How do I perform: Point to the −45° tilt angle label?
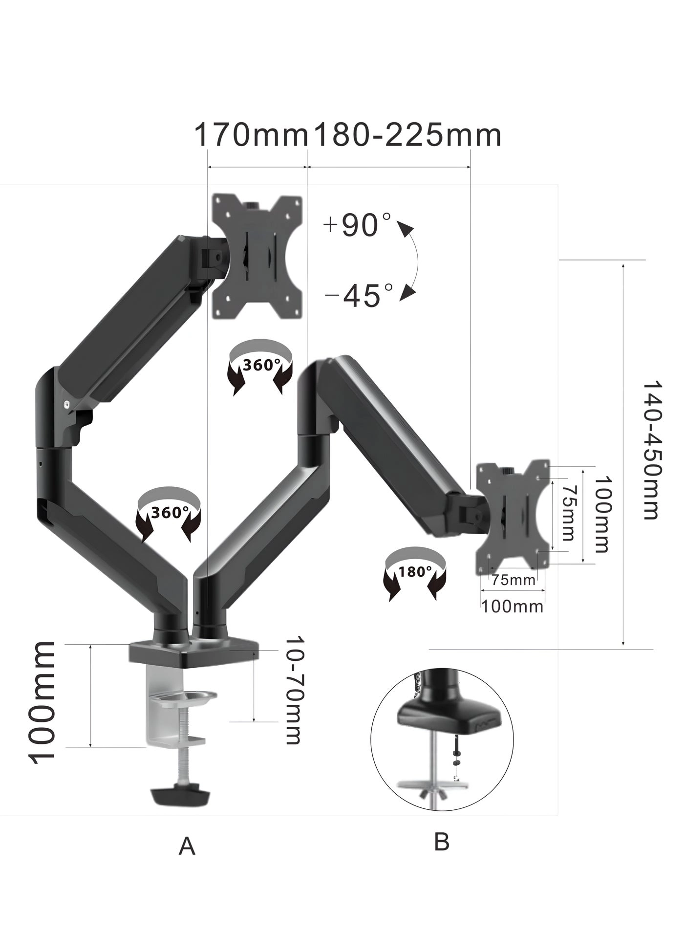click(x=359, y=295)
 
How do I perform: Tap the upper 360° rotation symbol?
click(x=261, y=366)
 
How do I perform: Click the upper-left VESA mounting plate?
click(x=257, y=257)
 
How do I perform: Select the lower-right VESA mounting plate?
click(x=513, y=517)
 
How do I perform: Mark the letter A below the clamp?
click(x=187, y=846)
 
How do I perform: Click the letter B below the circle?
click(x=441, y=842)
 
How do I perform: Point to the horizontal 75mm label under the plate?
click(x=513, y=581)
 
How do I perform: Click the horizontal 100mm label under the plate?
click(x=512, y=607)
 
